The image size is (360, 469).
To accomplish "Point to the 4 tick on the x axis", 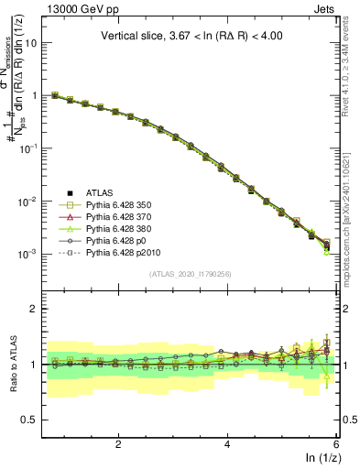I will pyautogui.click(x=227, y=442).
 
